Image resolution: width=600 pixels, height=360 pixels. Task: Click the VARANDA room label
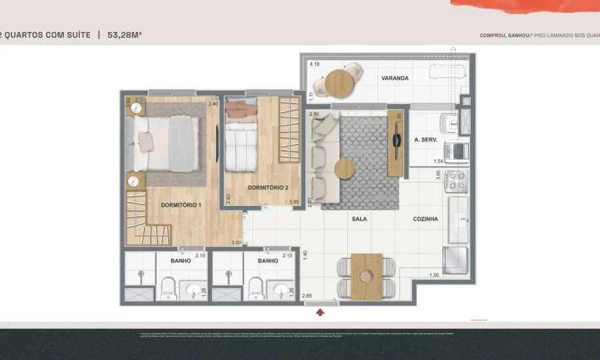(395, 78)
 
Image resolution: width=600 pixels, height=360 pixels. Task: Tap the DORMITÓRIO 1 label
(181, 205)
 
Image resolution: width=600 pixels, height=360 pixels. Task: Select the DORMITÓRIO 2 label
(267, 188)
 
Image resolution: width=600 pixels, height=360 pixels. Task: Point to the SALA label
(359, 219)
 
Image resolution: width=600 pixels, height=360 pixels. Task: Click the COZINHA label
(425, 219)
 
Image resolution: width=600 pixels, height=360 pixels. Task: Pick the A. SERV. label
(425, 140)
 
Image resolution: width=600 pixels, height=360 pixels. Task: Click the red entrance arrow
(321, 311)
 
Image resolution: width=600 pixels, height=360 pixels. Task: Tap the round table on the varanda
(339, 83)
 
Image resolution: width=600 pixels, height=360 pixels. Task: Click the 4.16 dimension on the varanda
(315, 65)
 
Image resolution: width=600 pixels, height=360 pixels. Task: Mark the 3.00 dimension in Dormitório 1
(236, 243)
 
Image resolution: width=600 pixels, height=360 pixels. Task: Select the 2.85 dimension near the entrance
(307, 295)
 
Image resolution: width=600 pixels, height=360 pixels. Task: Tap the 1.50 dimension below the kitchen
(434, 275)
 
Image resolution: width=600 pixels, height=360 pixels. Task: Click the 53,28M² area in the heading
(125, 35)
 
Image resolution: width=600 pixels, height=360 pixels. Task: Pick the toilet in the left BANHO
(168, 289)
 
